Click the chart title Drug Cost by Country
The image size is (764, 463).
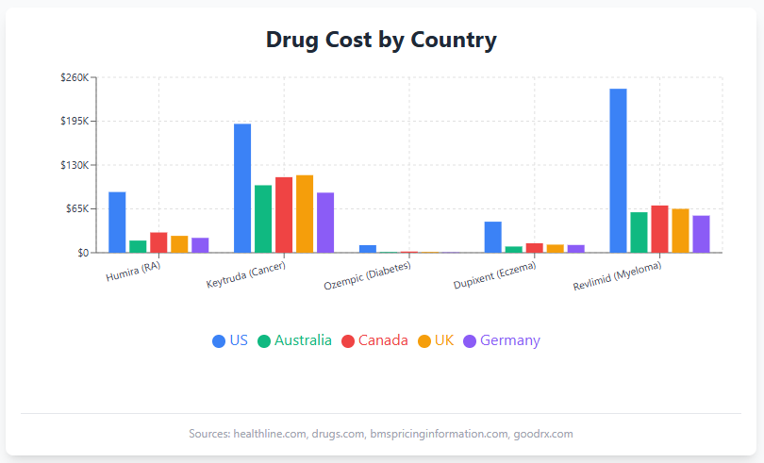pos(381,41)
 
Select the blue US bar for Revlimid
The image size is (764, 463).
pos(618,171)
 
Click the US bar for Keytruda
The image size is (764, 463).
pos(242,189)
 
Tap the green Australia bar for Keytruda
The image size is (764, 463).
pos(263,219)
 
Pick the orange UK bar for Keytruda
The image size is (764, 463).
pos(305,214)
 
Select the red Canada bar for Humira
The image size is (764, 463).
pos(158,242)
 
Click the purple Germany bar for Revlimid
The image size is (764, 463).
pos(701,234)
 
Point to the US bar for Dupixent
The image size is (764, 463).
pos(492,237)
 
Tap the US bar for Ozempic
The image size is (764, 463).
pos(368,249)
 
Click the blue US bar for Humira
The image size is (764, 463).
pos(117,223)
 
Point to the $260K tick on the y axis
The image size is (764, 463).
pos(74,77)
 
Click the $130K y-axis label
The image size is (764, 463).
pos(74,165)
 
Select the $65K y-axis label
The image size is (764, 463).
pos(76,208)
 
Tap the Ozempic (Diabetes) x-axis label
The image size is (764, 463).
pos(367,276)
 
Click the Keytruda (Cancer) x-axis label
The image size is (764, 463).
pos(245,275)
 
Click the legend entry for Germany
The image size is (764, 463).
pos(509,340)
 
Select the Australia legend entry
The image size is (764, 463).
pos(302,340)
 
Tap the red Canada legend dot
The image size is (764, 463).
pos(348,341)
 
